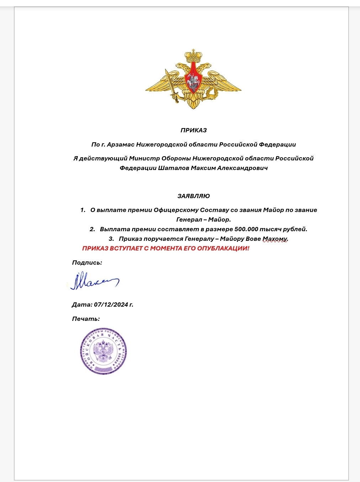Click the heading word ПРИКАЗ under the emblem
click(194, 130)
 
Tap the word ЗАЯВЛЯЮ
click(194, 196)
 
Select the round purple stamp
click(104, 351)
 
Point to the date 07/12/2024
click(111, 304)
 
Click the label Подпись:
click(87, 263)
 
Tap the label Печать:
click(86, 319)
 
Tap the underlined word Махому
click(275, 239)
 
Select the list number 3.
click(111, 239)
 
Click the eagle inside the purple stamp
click(104, 351)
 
